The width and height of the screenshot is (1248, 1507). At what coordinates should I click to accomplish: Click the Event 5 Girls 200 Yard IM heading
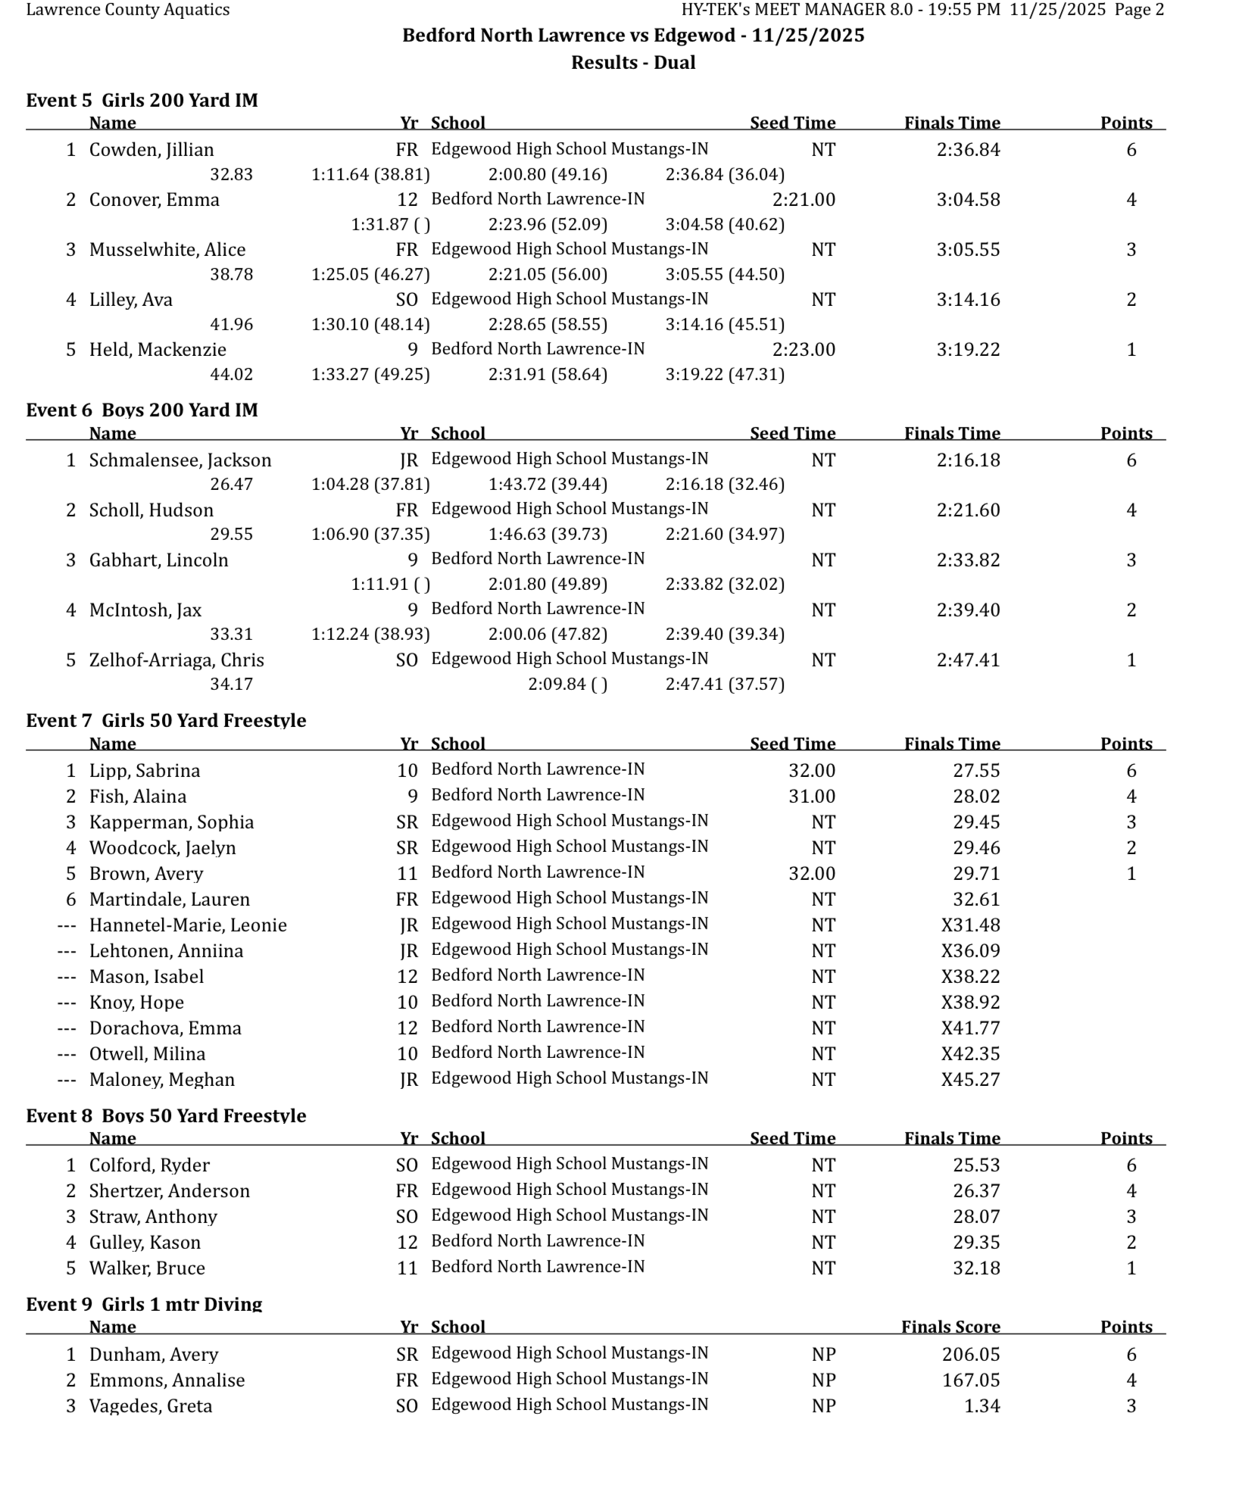point(142,101)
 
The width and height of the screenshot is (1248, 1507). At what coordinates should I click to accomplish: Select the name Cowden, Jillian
point(151,150)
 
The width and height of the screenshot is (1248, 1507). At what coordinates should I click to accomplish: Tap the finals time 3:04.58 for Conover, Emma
point(968,200)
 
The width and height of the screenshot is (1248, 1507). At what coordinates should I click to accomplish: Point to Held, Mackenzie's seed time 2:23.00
point(803,350)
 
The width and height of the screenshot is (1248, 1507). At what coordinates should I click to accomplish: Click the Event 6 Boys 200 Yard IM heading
point(142,410)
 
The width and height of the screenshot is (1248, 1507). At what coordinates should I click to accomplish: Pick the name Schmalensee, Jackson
point(180,460)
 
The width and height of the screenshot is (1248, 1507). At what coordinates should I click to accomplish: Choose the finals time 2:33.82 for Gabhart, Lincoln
point(968,560)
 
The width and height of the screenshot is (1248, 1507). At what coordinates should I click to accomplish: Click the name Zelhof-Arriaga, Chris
point(176,660)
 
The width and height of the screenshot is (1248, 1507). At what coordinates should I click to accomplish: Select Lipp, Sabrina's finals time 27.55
point(976,771)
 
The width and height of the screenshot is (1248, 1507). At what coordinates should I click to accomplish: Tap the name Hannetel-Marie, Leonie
point(188,925)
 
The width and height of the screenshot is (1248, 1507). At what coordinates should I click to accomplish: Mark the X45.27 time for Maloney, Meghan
point(970,1080)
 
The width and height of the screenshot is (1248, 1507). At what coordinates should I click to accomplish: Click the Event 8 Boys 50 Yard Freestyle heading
point(166,1115)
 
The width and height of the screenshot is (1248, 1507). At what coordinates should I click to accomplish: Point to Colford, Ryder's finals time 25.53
point(976,1165)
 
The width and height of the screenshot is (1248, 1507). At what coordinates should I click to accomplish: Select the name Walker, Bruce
point(147,1268)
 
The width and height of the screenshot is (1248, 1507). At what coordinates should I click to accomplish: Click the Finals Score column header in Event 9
point(950,1327)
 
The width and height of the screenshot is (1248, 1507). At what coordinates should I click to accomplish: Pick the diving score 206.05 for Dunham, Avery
point(971,1355)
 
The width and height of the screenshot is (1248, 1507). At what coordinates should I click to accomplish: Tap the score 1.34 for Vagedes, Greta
point(982,1406)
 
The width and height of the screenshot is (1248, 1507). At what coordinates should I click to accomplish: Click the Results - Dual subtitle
point(633,63)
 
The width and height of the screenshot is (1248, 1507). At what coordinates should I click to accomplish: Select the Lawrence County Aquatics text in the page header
point(128,11)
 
